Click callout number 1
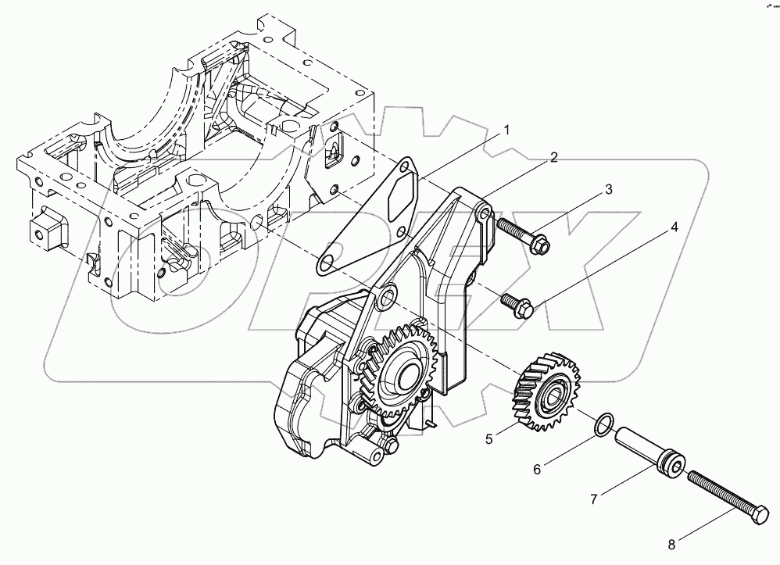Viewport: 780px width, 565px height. (x=506, y=131)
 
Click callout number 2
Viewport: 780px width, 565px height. (x=553, y=158)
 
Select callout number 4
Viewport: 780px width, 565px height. (x=673, y=228)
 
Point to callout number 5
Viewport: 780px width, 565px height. (x=488, y=439)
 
